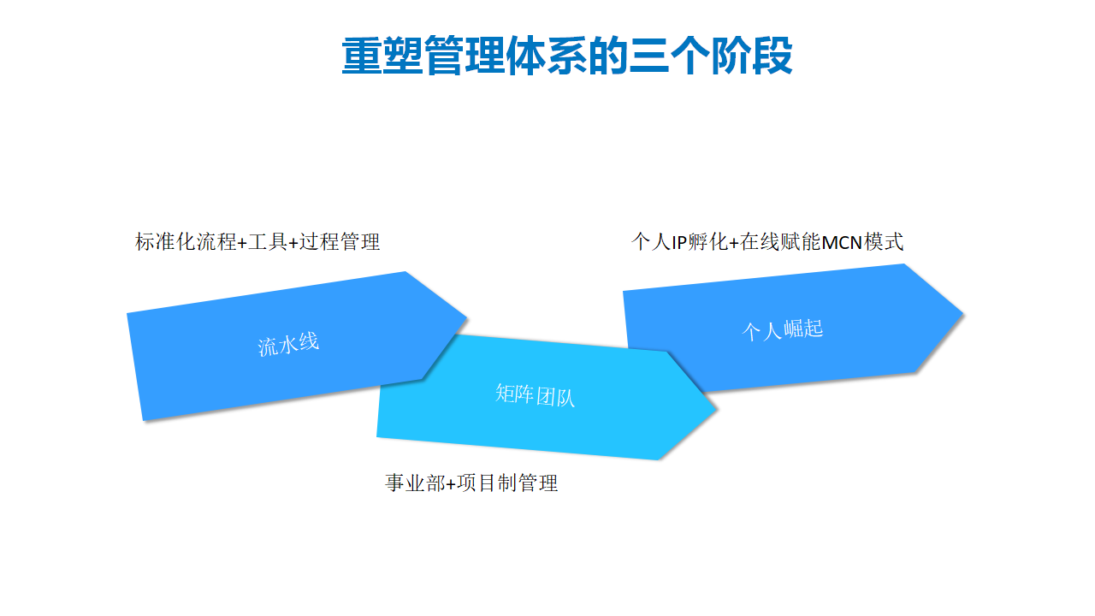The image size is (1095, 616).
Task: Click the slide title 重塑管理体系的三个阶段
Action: pos(566,56)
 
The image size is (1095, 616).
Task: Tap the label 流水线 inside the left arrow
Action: pos(288,344)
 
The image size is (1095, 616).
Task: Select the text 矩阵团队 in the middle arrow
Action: pos(535,395)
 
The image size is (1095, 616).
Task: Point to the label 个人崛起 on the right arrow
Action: pos(783,329)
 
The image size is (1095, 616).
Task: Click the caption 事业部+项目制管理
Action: pos(471,483)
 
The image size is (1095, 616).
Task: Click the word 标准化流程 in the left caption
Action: pos(186,242)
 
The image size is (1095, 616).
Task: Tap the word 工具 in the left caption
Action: pos(268,242)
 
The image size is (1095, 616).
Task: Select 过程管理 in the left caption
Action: pos(340,242)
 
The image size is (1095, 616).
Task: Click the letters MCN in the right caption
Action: pos(842,242)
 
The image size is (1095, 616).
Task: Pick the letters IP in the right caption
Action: pos(679,242)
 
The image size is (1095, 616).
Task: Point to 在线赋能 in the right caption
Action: pos(780,242)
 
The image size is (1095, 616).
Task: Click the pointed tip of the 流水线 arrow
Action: pos(467,317)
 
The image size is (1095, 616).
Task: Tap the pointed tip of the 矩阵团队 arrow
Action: pos(717,410)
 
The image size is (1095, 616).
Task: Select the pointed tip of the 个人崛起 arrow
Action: pos(963,314)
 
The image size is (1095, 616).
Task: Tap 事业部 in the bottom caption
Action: pos(415,483)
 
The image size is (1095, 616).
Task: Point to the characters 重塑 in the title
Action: pos(382,56)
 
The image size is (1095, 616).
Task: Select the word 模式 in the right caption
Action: pos(884,242)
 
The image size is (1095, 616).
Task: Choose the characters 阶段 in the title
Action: pos(751,56)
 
